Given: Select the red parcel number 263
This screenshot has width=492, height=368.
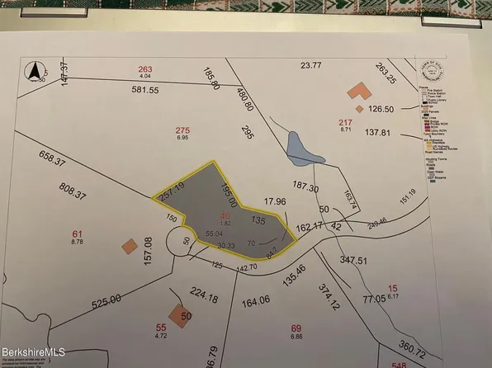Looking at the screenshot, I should pos(145,69).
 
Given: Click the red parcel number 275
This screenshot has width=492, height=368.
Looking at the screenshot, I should pos(182,130).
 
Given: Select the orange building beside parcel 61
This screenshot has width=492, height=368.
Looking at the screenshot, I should pos(128,245).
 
